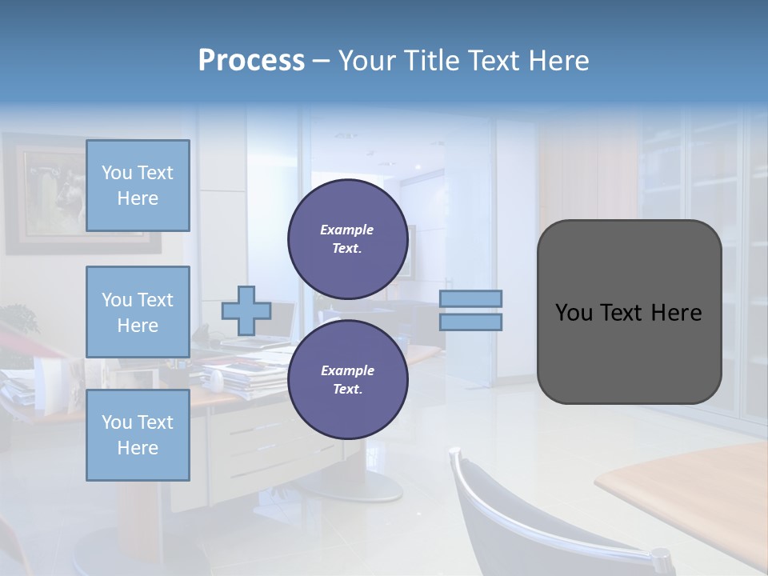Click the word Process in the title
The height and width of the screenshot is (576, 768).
coord(251,61)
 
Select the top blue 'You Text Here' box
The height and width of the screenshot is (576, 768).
coord(138,186)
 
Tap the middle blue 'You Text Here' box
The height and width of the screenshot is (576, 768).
coord(138,312)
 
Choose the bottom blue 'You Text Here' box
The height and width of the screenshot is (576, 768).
coord(138,435)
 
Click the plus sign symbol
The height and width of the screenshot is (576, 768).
coord(246,311)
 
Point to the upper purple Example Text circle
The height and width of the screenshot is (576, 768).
coord(347,239)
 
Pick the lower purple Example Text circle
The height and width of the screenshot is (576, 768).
coord(347,380)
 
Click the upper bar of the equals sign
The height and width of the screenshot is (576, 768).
coord(470,298)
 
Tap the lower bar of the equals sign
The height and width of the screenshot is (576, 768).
coord(470,322)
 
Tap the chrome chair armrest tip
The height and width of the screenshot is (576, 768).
coord(661,554)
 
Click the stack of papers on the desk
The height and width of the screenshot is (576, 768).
coord(240,376)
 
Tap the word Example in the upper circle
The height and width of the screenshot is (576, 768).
coord(347,230)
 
